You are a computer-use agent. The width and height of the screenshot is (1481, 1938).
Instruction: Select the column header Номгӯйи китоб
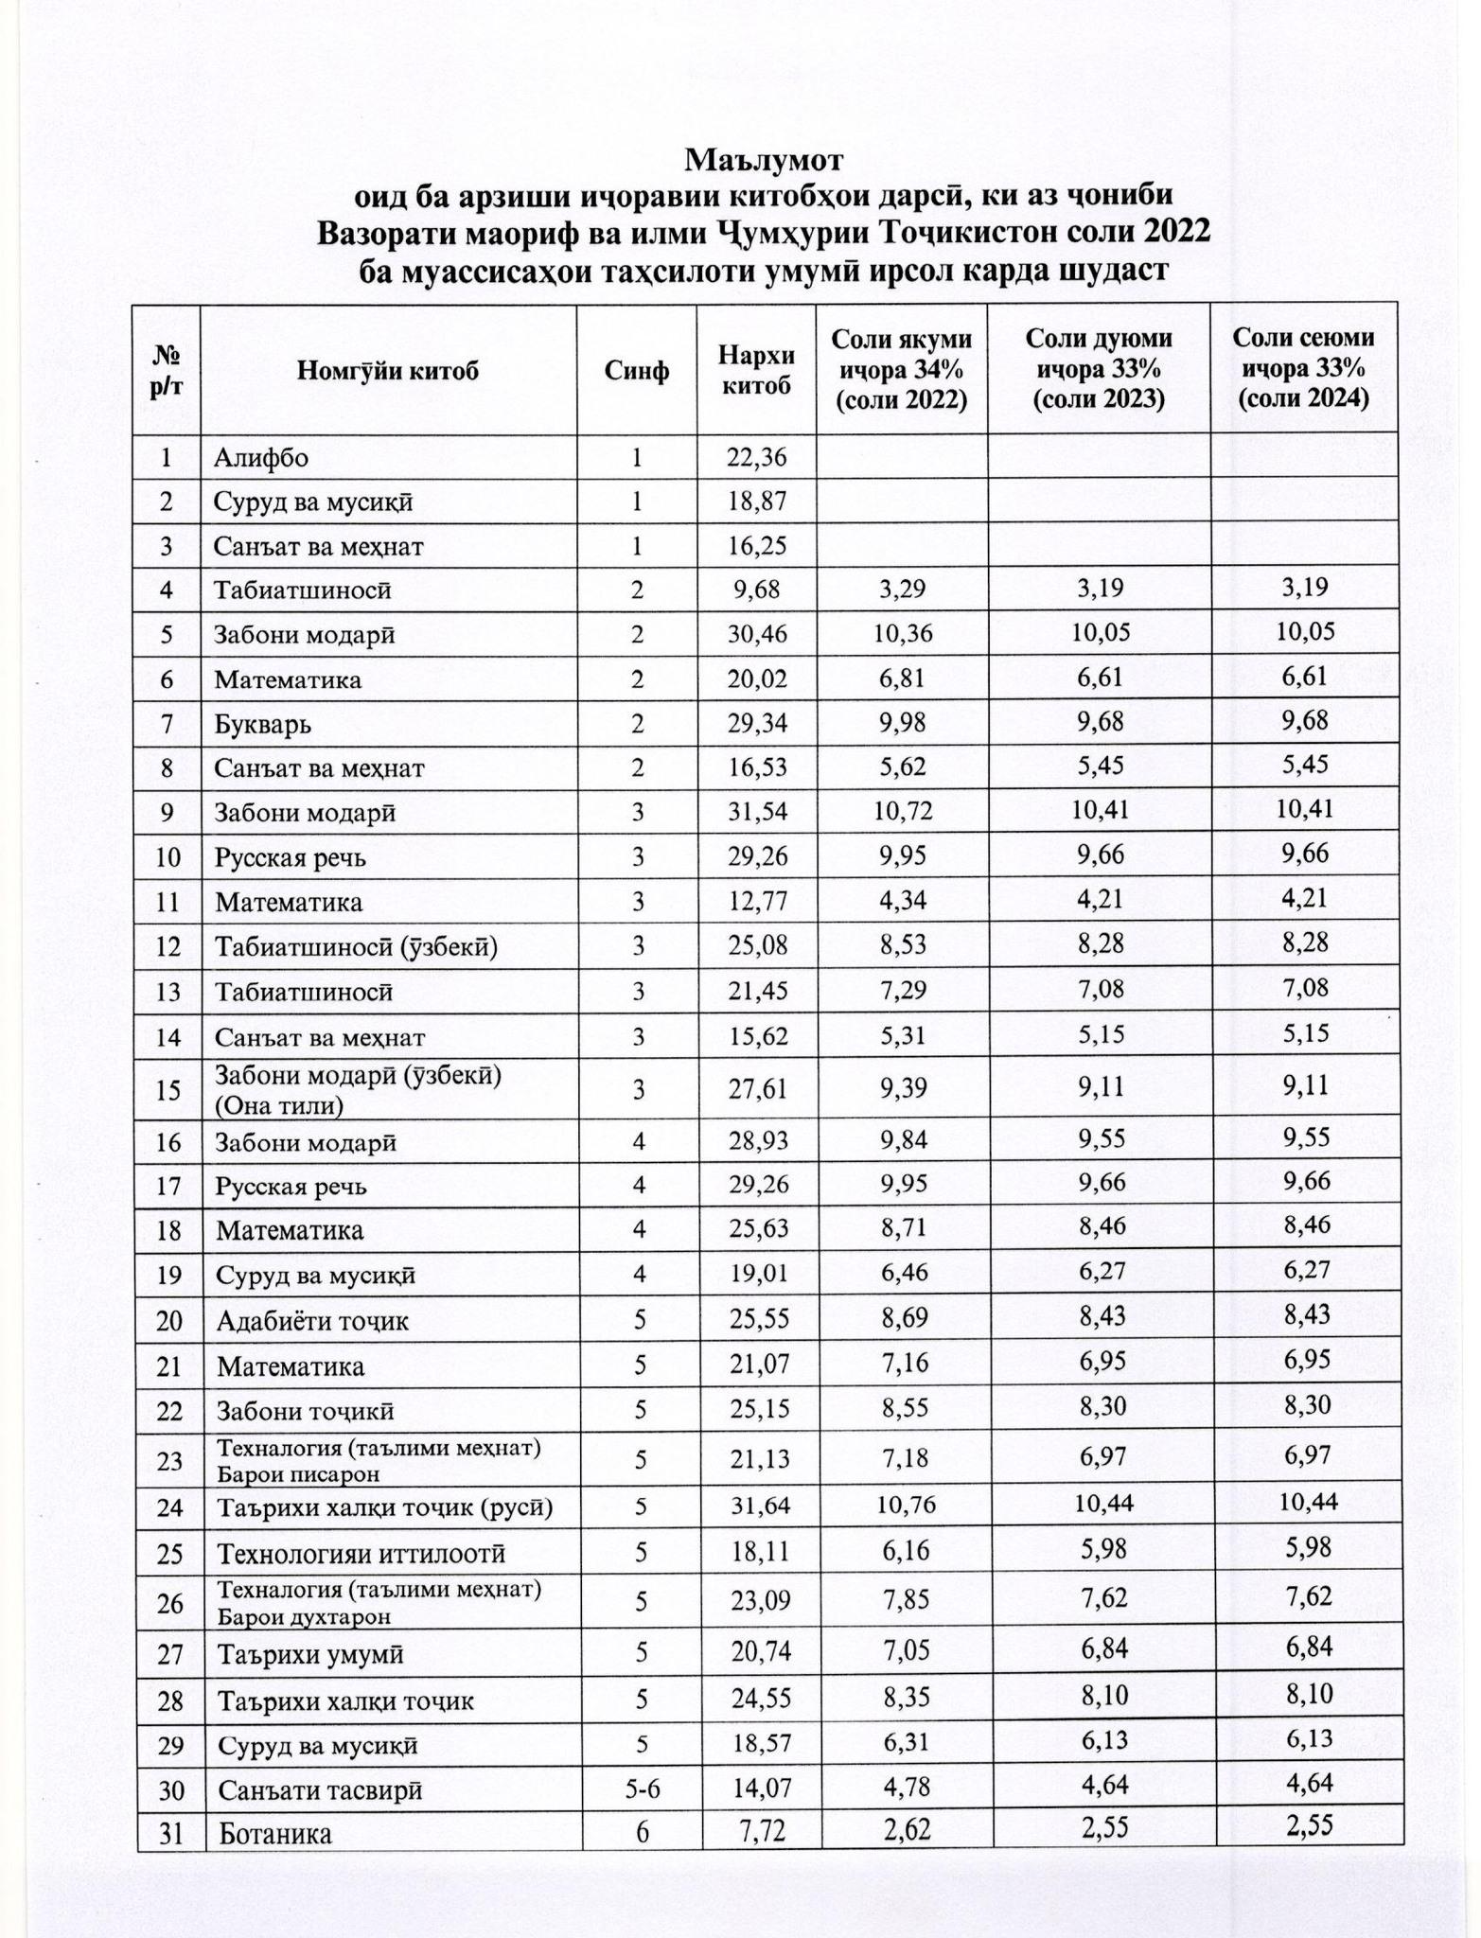click(x=388, y=369)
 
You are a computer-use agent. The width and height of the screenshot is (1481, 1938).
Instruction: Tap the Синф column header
click(x=637, y=369)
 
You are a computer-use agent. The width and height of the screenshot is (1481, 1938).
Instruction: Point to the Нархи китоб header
click(x=756, y=369)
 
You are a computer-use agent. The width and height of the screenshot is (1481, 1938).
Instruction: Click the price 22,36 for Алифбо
click(x=756, y=458)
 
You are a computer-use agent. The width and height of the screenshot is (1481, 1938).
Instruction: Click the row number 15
click(x=167, y=1090)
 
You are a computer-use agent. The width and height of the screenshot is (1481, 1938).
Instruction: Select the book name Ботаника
click(x=275, y=1835)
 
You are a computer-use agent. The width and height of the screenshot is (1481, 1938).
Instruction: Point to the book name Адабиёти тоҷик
click(x=312, y=1321)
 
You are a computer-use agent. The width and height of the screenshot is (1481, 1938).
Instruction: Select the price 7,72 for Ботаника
click(x=764, y=1834)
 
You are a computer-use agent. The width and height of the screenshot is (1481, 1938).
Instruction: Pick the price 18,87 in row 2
click(x=756, y=502)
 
